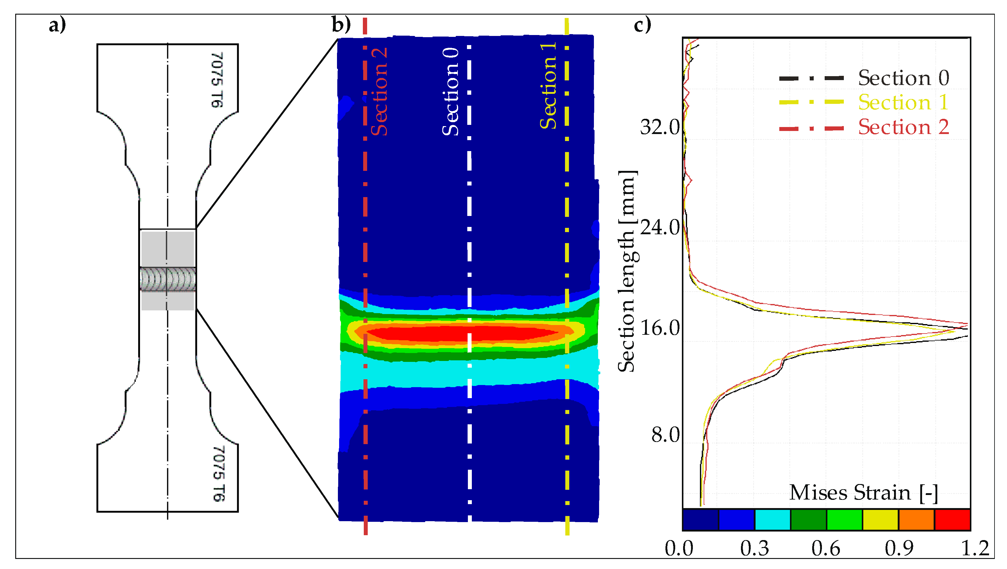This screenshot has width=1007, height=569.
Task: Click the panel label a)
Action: click(57, 26)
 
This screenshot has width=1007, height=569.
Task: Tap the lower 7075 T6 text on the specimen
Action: click(219, 474)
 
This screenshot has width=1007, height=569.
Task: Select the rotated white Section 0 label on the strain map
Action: click(450, 92)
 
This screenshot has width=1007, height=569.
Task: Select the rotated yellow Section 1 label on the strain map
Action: click(548, 86)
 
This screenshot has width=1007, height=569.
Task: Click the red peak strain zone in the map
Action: click(461, 333)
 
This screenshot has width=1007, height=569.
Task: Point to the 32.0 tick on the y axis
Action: click(660, 127)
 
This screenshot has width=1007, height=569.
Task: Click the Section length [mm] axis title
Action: click(627, 271)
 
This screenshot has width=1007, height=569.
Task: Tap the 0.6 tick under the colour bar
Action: click(826, 549)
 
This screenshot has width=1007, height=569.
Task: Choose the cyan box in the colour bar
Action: click(773, 520)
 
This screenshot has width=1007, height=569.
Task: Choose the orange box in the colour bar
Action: click(916, 520)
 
